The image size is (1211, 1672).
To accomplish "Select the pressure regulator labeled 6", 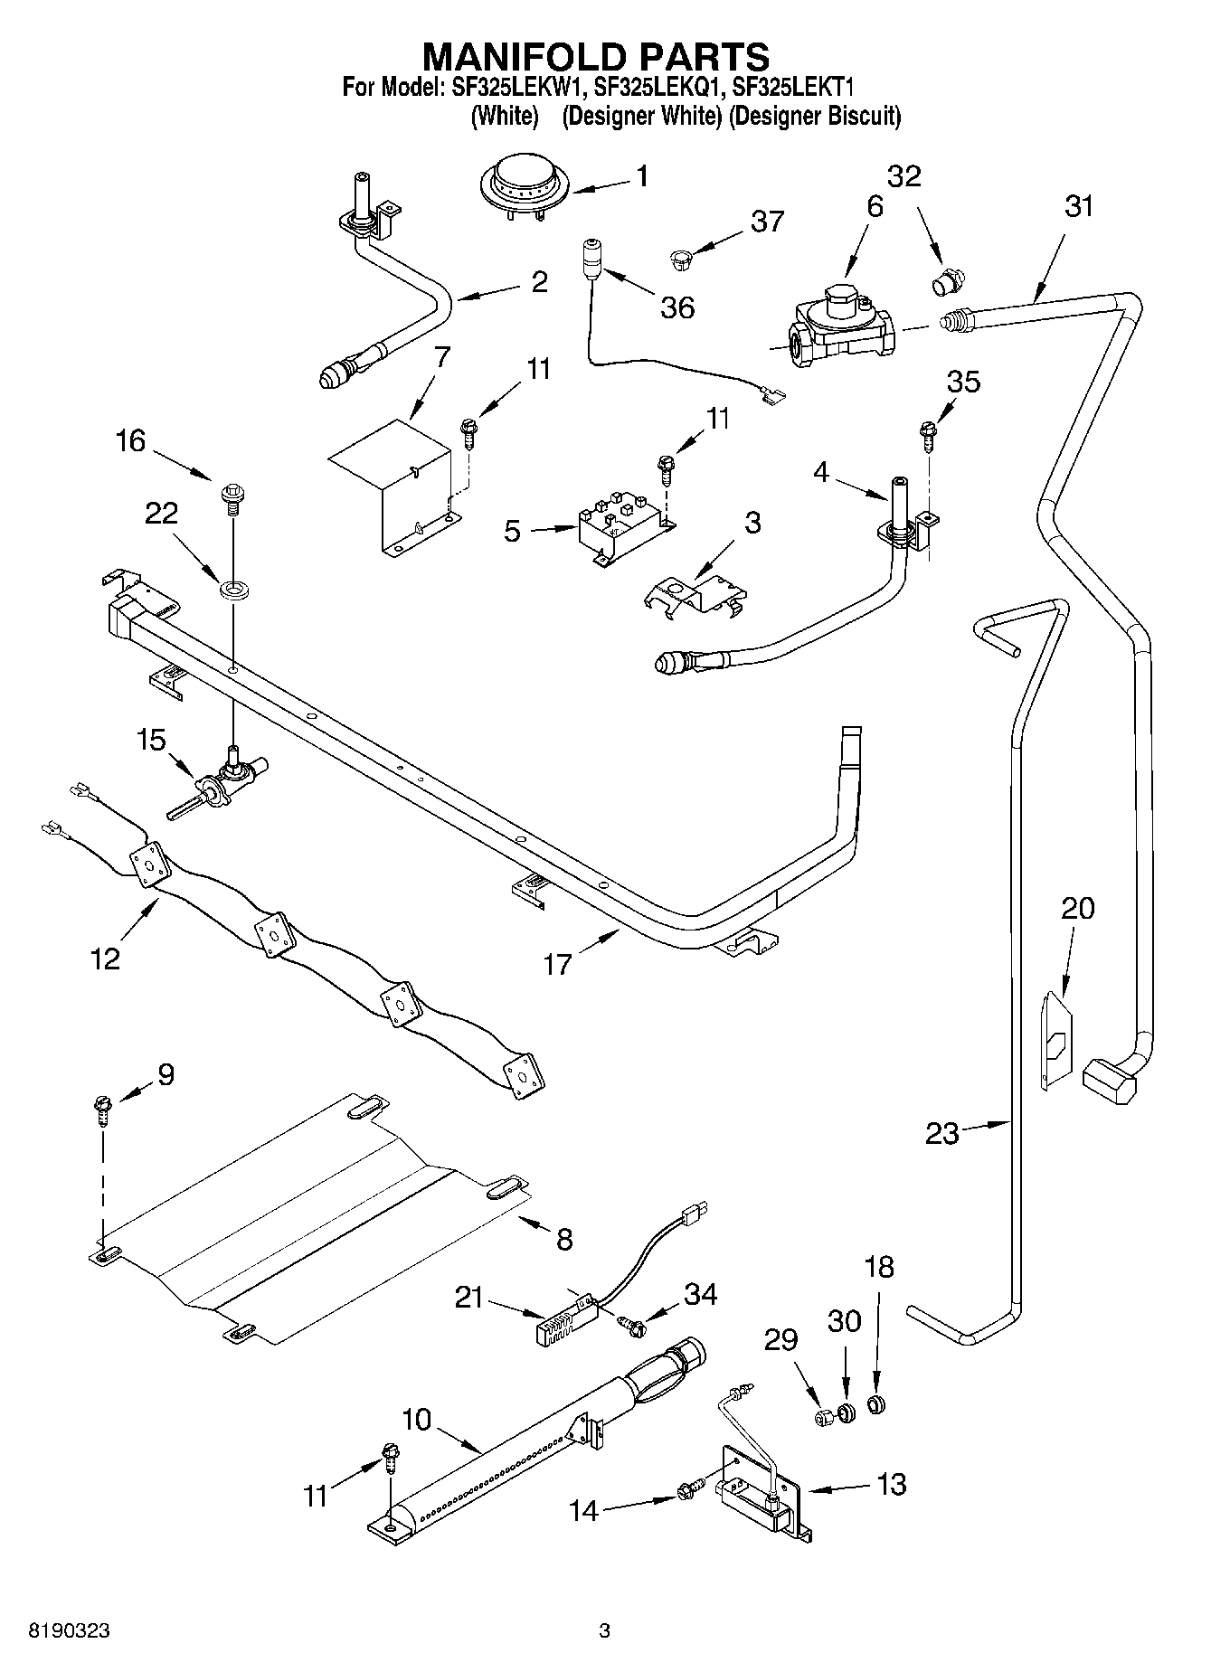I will pyautogui.click(x=840, y=330).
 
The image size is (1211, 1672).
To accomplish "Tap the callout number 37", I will pyautogui.click(x=767, y=221).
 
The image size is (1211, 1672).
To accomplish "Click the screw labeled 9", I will pyautogui.click(x=102, y=1109).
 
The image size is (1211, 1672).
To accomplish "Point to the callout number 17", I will pyautogui.click(x=557, y=964).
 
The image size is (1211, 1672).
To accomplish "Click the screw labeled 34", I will pyautogui.click(x=634, y=1327).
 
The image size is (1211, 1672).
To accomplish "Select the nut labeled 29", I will pyautogui.click(x=825, y=1417).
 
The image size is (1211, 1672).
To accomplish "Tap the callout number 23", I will pyautogui.click(x=941, y=1133).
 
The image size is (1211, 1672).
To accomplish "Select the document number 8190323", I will pyautogui.click(x=71, y=1630).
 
